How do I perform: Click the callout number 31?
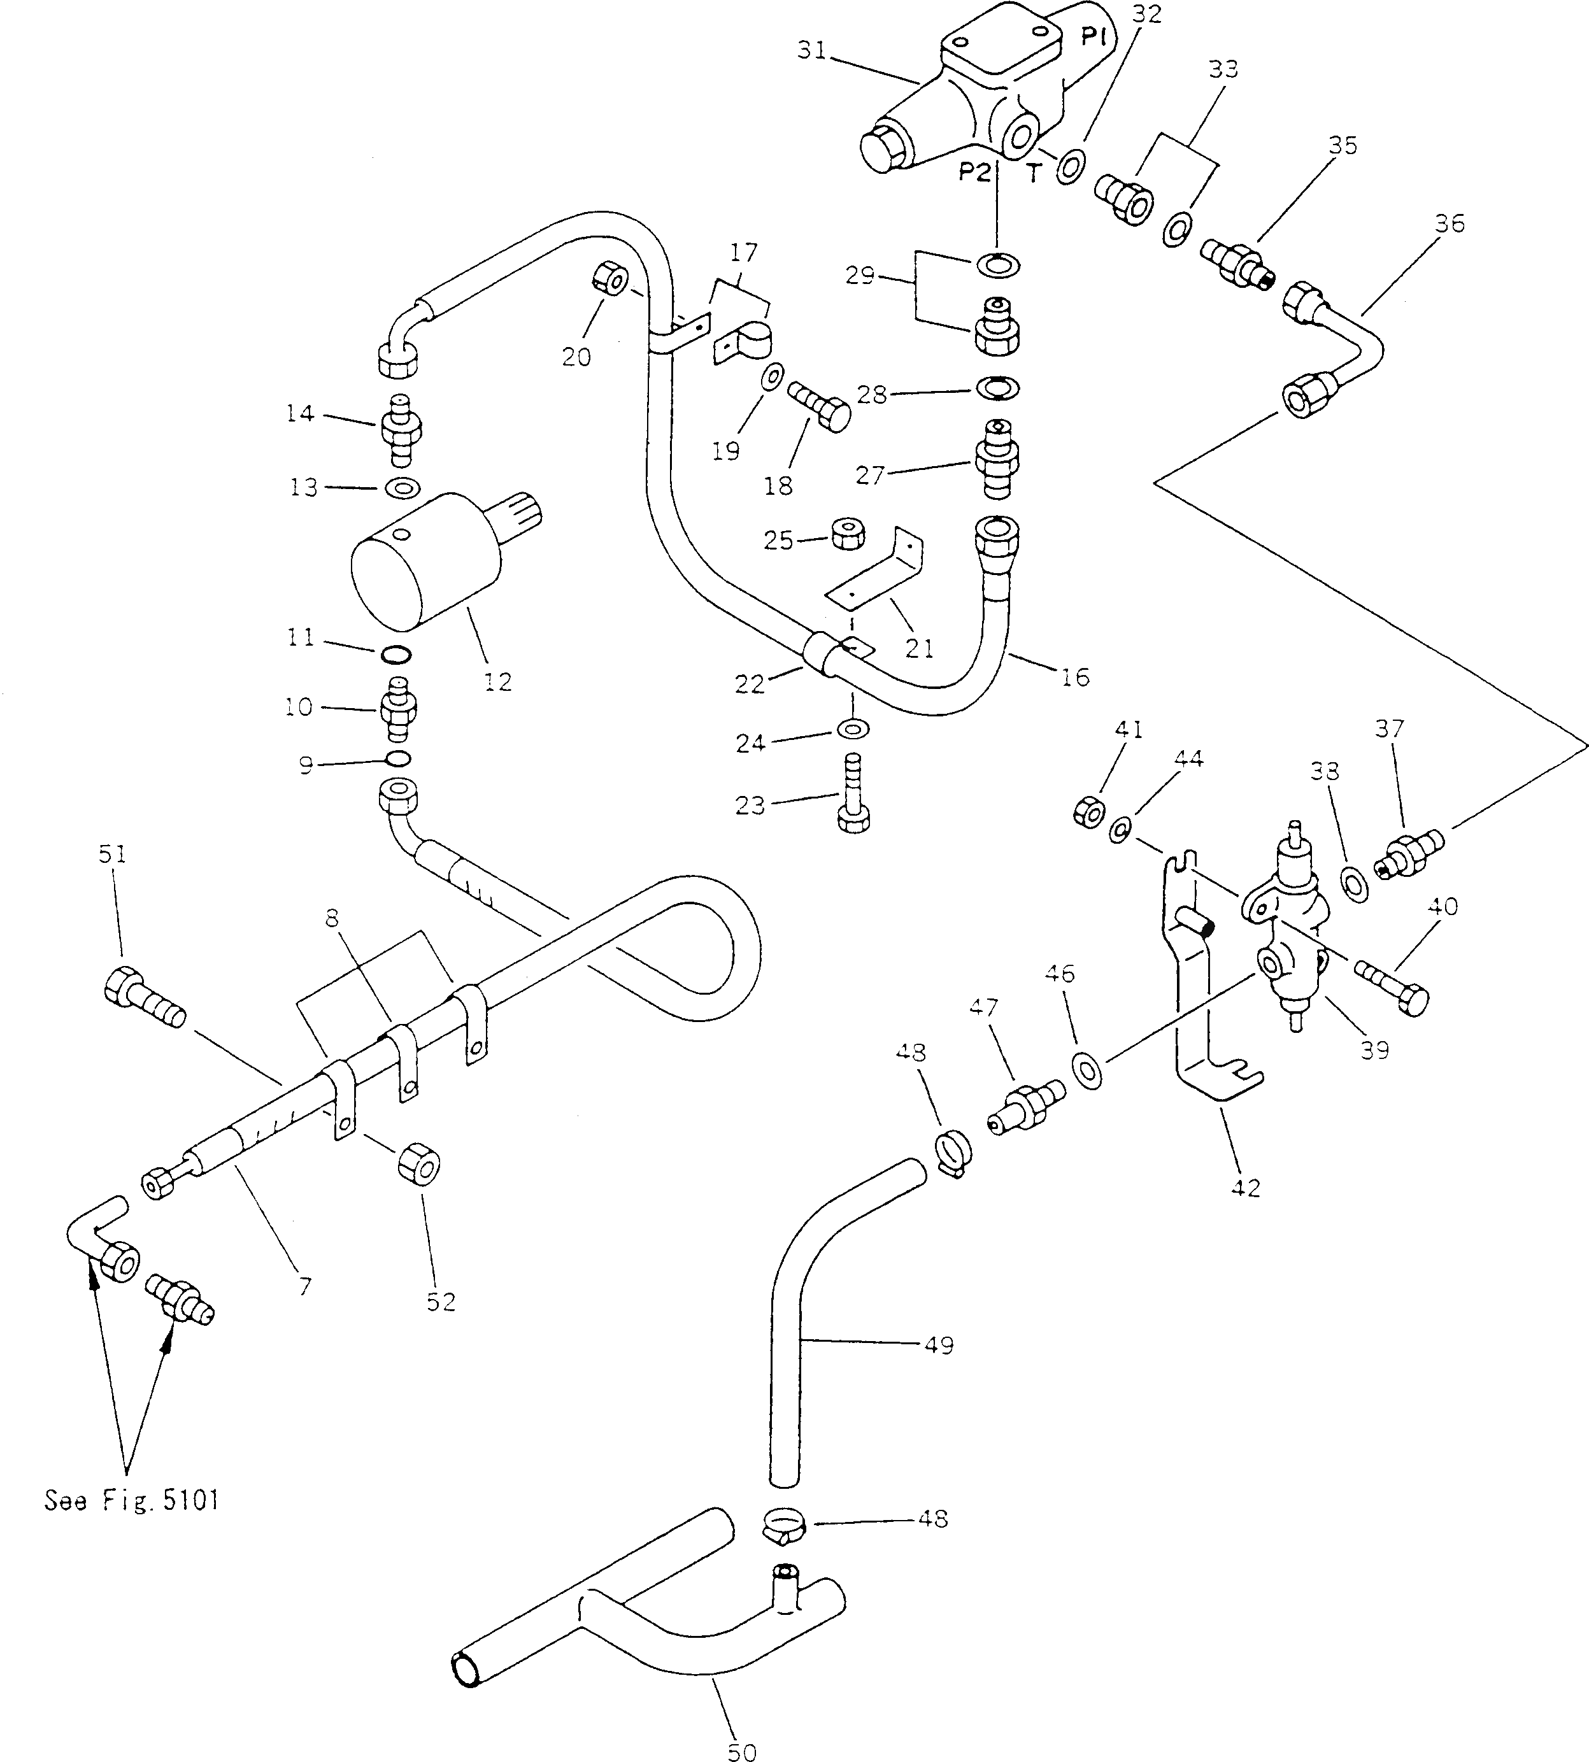click(x=811, y=52)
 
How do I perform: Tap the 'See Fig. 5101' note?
click(x=132, y=1500)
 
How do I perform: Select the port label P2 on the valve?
click(x=974, y=173)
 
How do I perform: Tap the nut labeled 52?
click(x=418, y=1165)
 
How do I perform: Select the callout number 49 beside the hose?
click(x=939, y=1346)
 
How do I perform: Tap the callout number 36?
click(x=1450, y=224)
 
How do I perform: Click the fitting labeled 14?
click(x=401, y=430)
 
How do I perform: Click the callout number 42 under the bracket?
click(x=1245, y=1188)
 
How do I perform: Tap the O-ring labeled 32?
click(x=1071, y=165)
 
